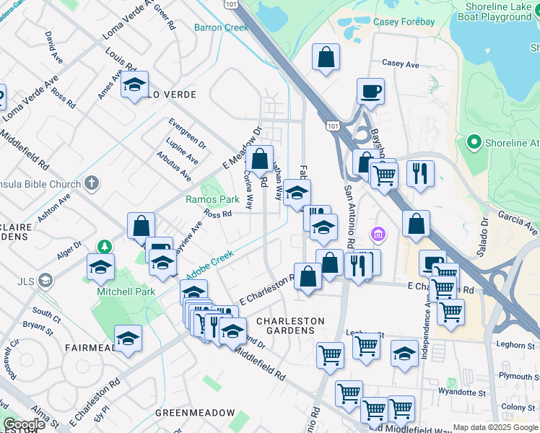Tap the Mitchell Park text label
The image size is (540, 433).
[126, 292]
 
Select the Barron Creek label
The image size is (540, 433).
[221, 27]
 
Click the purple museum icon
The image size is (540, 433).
[378, 235]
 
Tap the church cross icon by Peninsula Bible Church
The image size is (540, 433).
[91, 183]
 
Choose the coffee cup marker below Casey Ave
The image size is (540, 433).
[370, 92]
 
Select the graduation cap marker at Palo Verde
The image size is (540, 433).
[134, 85]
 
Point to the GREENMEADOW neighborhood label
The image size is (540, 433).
[195, 413]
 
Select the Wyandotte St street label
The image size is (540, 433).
[462, 393]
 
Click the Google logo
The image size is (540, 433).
[24, 424]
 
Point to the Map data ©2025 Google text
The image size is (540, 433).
[495, 428]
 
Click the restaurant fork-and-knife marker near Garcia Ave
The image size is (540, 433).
[419, 173]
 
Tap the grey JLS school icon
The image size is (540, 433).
[45, 279]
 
